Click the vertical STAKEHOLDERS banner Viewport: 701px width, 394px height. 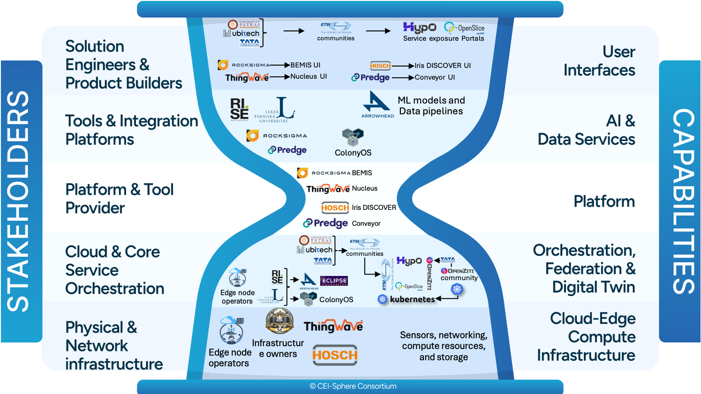pos(19,201)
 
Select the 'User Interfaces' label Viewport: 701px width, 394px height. pos(599,61)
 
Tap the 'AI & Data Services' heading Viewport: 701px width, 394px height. pos(586,130)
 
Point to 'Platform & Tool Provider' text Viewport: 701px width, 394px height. pos(119,198)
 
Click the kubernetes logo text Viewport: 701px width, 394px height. pos(412,299)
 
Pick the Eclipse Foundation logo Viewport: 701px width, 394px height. pos(334,281)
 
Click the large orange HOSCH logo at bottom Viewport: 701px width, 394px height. pos(335,355)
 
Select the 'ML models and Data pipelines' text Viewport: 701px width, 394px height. pos(431,106)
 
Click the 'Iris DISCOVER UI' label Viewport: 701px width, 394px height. pos(442,66)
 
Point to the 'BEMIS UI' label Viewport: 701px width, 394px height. pos(305,65)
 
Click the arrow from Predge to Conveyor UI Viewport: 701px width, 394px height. pos(402,78)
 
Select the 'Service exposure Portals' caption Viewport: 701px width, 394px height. pos(444,38)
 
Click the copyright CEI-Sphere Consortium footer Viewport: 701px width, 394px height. pos(353,386)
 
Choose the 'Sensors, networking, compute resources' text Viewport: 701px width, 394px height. pos(444,346)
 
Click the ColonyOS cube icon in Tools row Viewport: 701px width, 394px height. pos(353,137)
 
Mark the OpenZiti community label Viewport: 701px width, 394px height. pos(459,274)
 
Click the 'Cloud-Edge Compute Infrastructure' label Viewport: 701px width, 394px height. pos(586,336)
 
